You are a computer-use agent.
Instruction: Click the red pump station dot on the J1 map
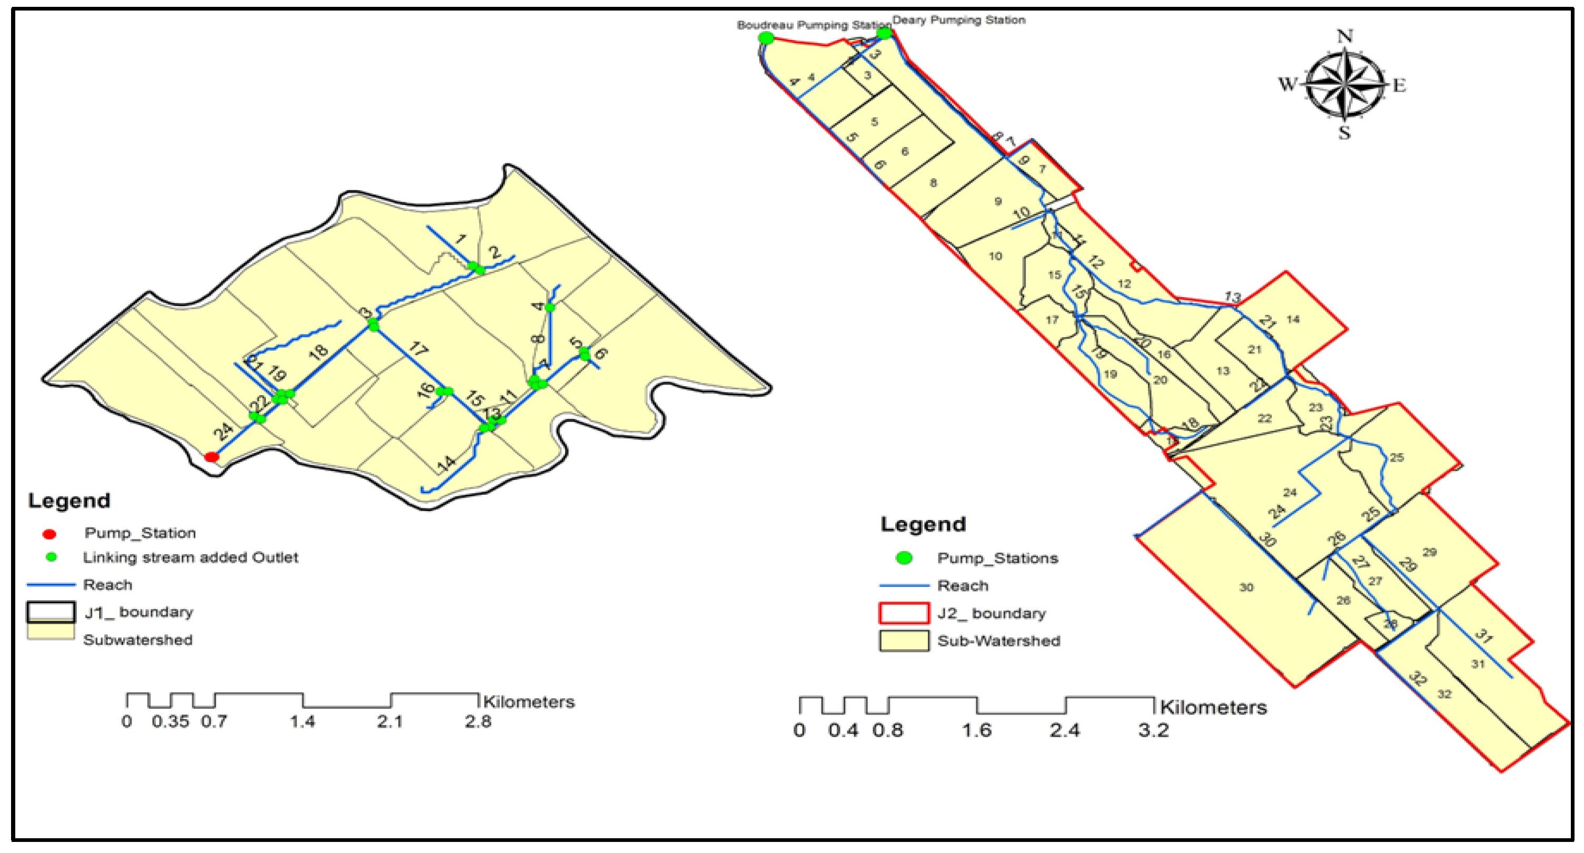tap(212, 457)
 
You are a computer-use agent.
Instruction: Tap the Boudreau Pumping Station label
tap(813, 25)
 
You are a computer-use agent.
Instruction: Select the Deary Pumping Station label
tap(958, 21)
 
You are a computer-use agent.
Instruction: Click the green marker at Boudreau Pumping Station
tap(766, 38)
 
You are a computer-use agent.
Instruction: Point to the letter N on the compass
tap(1345, 36)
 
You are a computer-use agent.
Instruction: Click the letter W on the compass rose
tap(1287, 84)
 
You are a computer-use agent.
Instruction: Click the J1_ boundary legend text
tap(138, 612)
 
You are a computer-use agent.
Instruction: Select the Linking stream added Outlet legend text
tap(191, 557)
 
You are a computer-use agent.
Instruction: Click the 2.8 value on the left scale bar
tap(478, 721)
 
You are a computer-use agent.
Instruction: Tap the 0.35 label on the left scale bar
tap(170, 721)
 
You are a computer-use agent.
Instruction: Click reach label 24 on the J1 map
tap(224, 432)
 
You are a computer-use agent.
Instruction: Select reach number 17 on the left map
tap(418, 349)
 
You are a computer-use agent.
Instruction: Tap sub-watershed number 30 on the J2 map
tap(1246, 587)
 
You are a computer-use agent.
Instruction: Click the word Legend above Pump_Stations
tap(923, 524)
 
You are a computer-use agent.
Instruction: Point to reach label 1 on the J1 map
tap(461, 239)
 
